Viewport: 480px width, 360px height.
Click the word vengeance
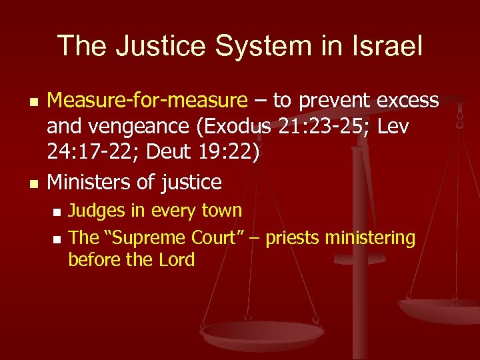(x=134, y=127)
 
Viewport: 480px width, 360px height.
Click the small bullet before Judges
(x=57, y=212)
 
